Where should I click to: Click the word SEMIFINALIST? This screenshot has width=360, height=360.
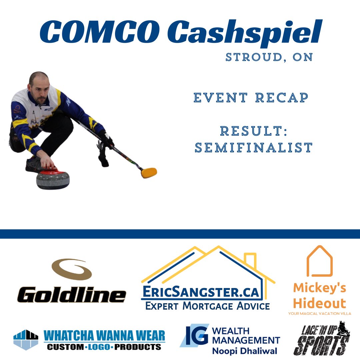pyautogui.click(x=253, y=148)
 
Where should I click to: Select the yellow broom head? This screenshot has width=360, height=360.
pyautogui.click(x=149, y=173)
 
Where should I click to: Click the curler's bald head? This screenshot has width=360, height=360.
pyautogui.click(x=38, y=79)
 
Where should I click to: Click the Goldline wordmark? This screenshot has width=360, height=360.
pyautogui.click(x=72, y=295)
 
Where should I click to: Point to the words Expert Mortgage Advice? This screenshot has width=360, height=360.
pyautogui.click(x=207, y=305)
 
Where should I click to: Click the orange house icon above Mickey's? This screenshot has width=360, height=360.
pyautogui.click(x=319, y=261)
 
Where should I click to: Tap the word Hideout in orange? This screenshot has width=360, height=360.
pyautogui.click(x=319, y=303)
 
